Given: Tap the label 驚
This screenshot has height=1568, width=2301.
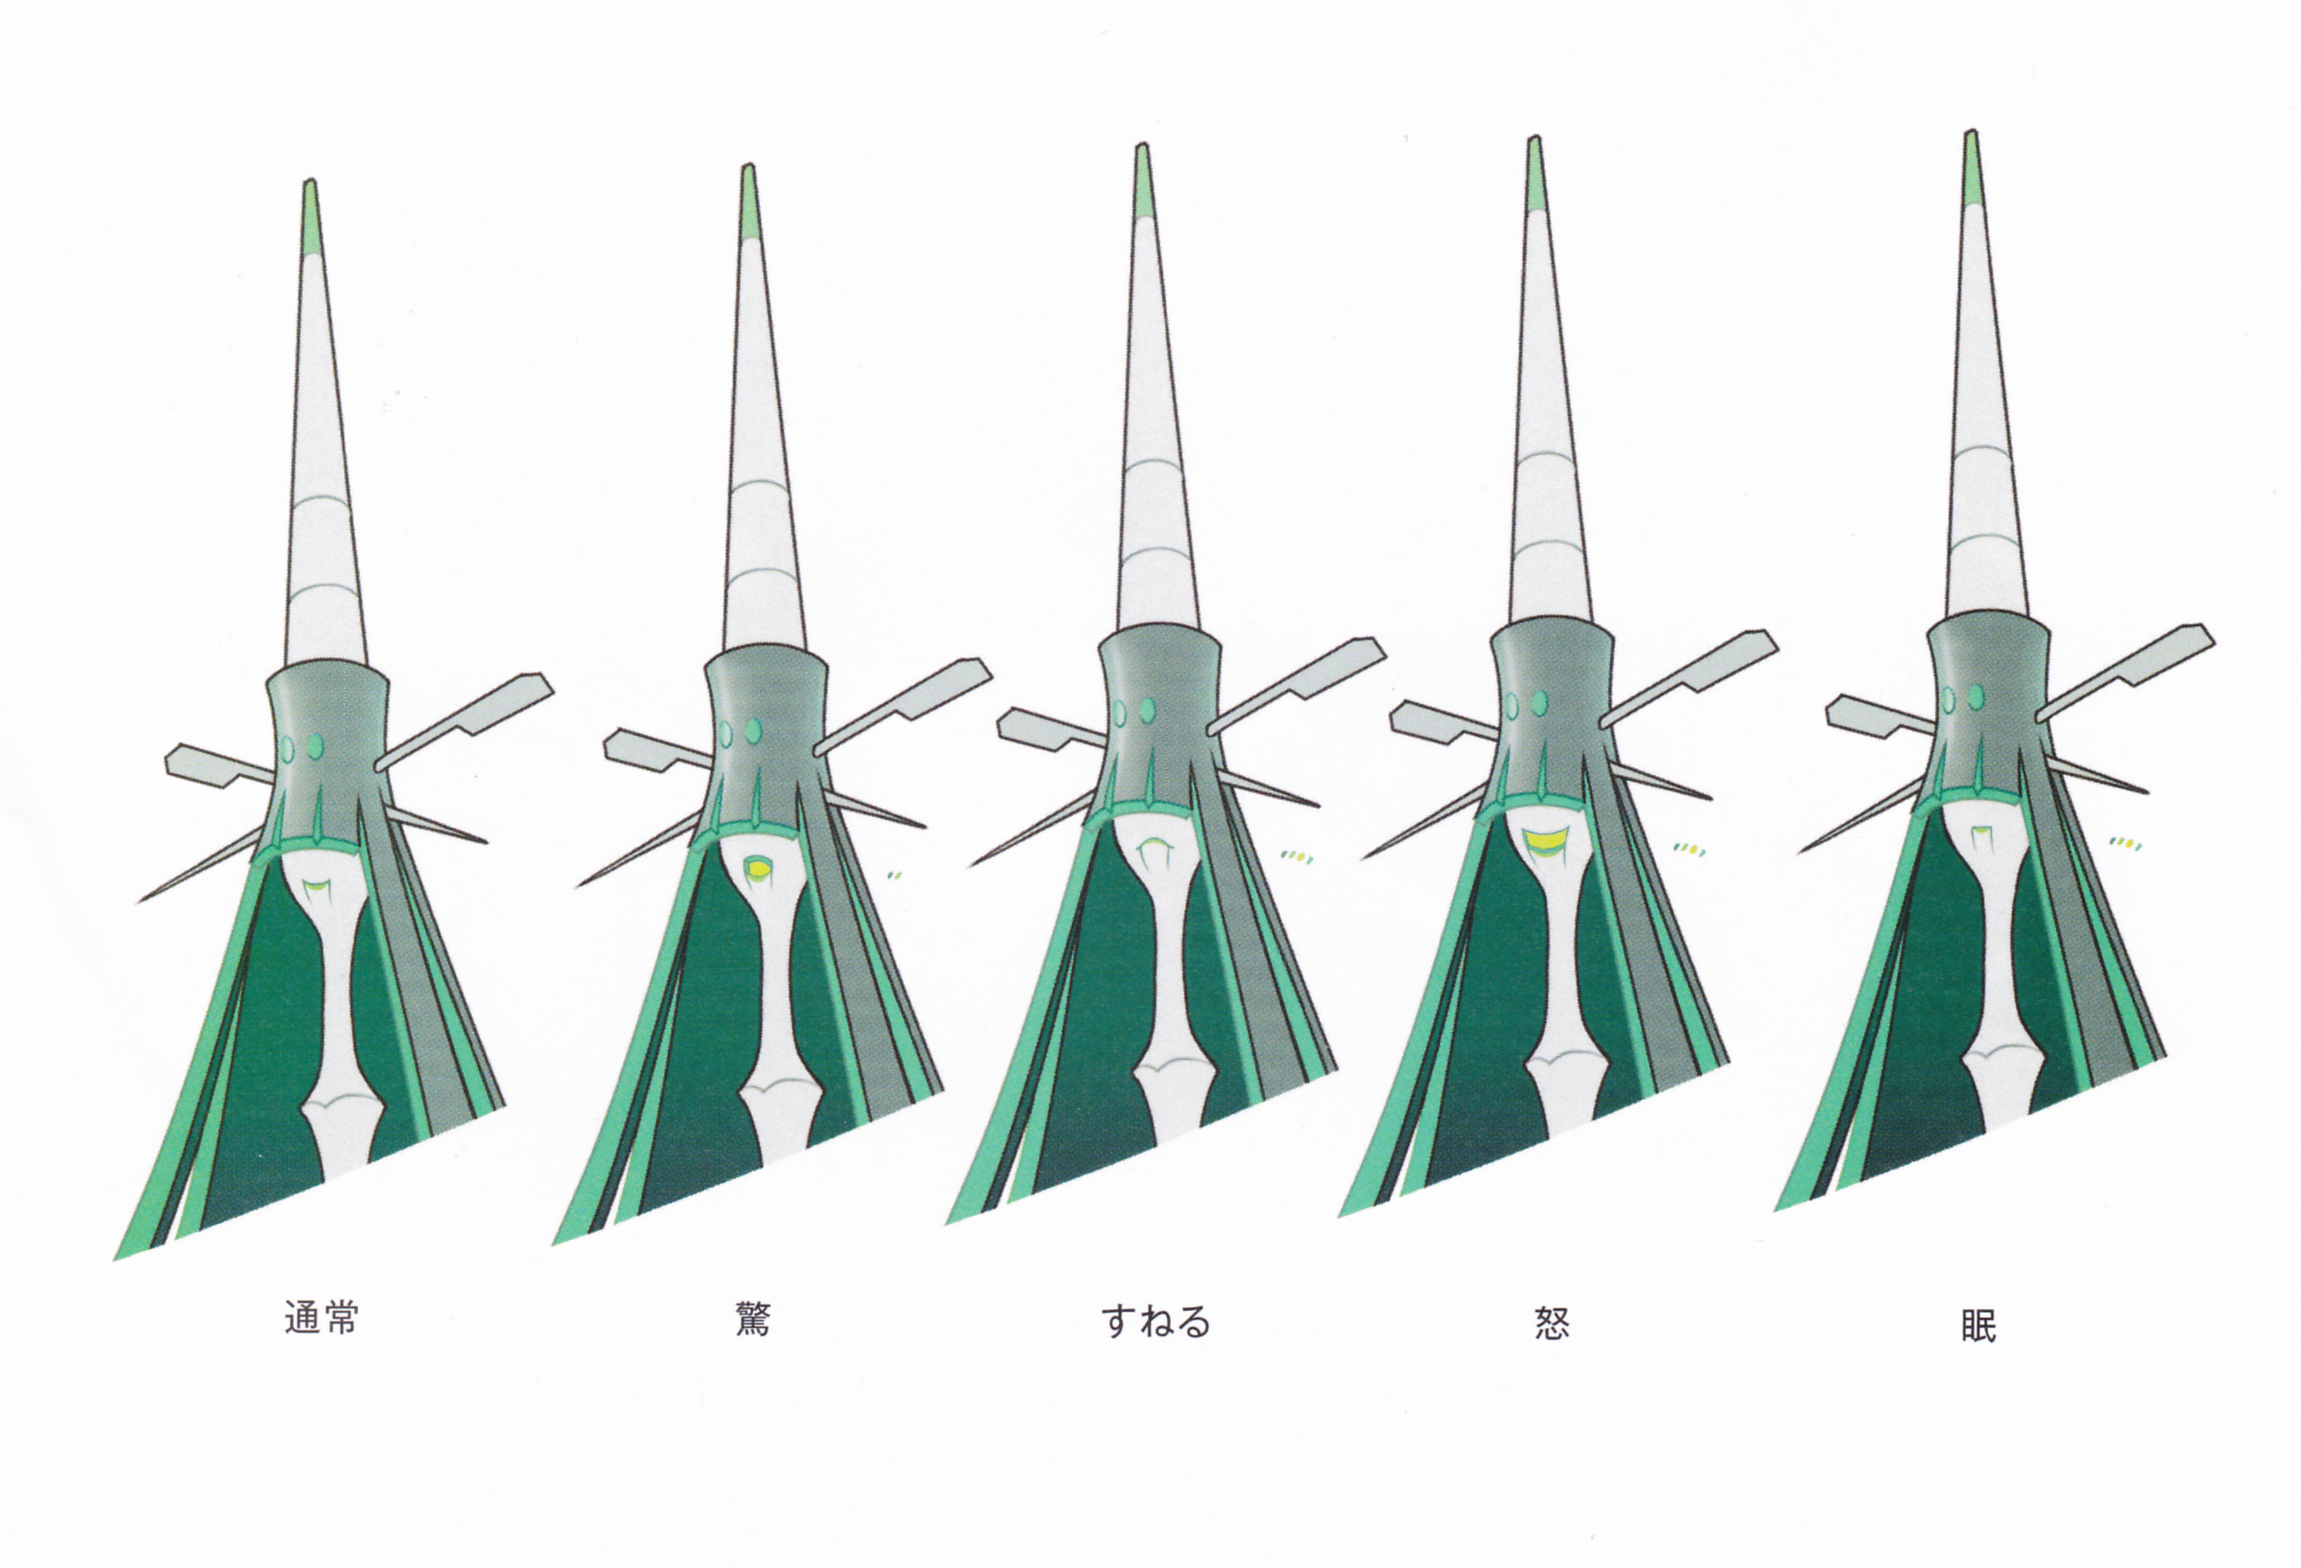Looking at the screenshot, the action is tap(753, 1319).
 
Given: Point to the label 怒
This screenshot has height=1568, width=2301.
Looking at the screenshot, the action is tap(1552, 1323).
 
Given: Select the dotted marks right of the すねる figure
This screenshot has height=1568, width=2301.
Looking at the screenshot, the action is tap(1295, 856).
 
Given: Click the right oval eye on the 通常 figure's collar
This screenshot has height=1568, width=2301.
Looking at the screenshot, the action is tap(316, 746).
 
